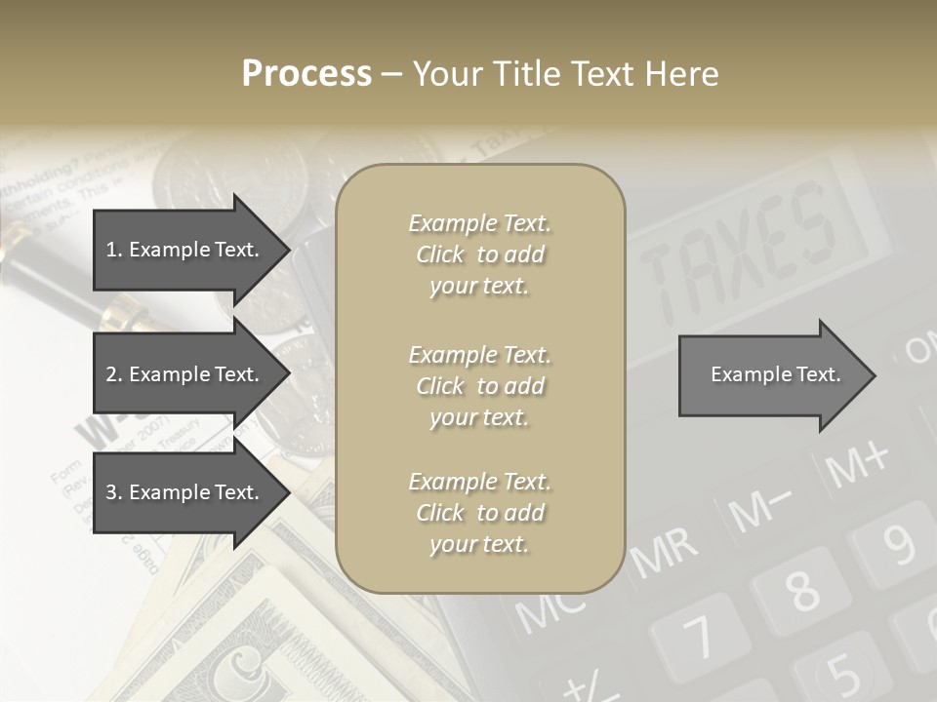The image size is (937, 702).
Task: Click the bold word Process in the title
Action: pos(306,74)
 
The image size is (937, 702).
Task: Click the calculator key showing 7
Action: pos(699,639)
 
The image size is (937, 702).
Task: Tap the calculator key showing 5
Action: pos(842,672)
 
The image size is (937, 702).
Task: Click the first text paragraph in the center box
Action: pos(479,254)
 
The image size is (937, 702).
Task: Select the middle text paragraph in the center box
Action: pos(479,386)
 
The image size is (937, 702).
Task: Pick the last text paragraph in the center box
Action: pos(479,513)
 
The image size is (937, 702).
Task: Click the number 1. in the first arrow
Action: pos(114,250)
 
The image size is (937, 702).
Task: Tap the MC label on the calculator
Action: pos(551,609)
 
